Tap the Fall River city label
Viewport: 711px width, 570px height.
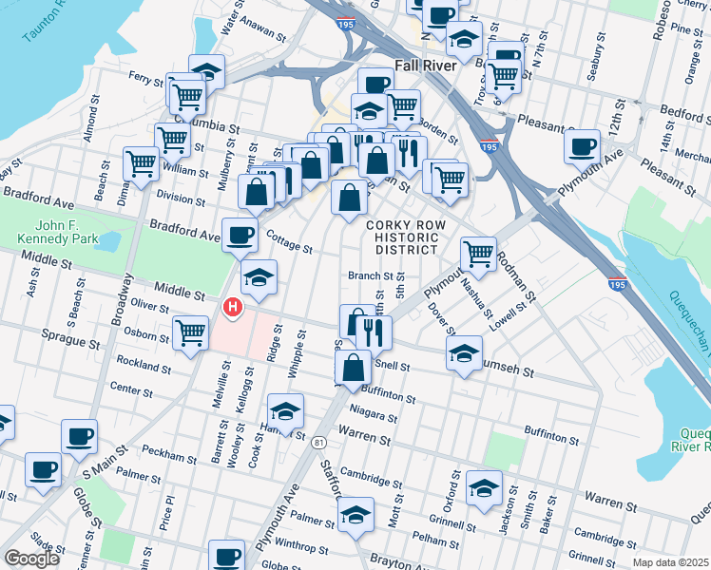point(427,67)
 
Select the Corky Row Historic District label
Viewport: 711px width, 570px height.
point(403,236)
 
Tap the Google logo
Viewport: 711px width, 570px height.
point(32,559)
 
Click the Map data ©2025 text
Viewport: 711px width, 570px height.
point(671,562)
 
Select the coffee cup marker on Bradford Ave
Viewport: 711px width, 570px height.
point(240,234)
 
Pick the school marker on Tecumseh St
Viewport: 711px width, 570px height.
point(463,352)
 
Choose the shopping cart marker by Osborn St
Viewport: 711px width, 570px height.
point(191,332)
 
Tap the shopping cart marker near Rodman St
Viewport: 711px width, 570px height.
point(477,254)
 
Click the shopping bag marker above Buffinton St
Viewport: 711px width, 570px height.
point(353,368)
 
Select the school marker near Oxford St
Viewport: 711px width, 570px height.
point(485,487)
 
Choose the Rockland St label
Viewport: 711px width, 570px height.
point(144,365)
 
